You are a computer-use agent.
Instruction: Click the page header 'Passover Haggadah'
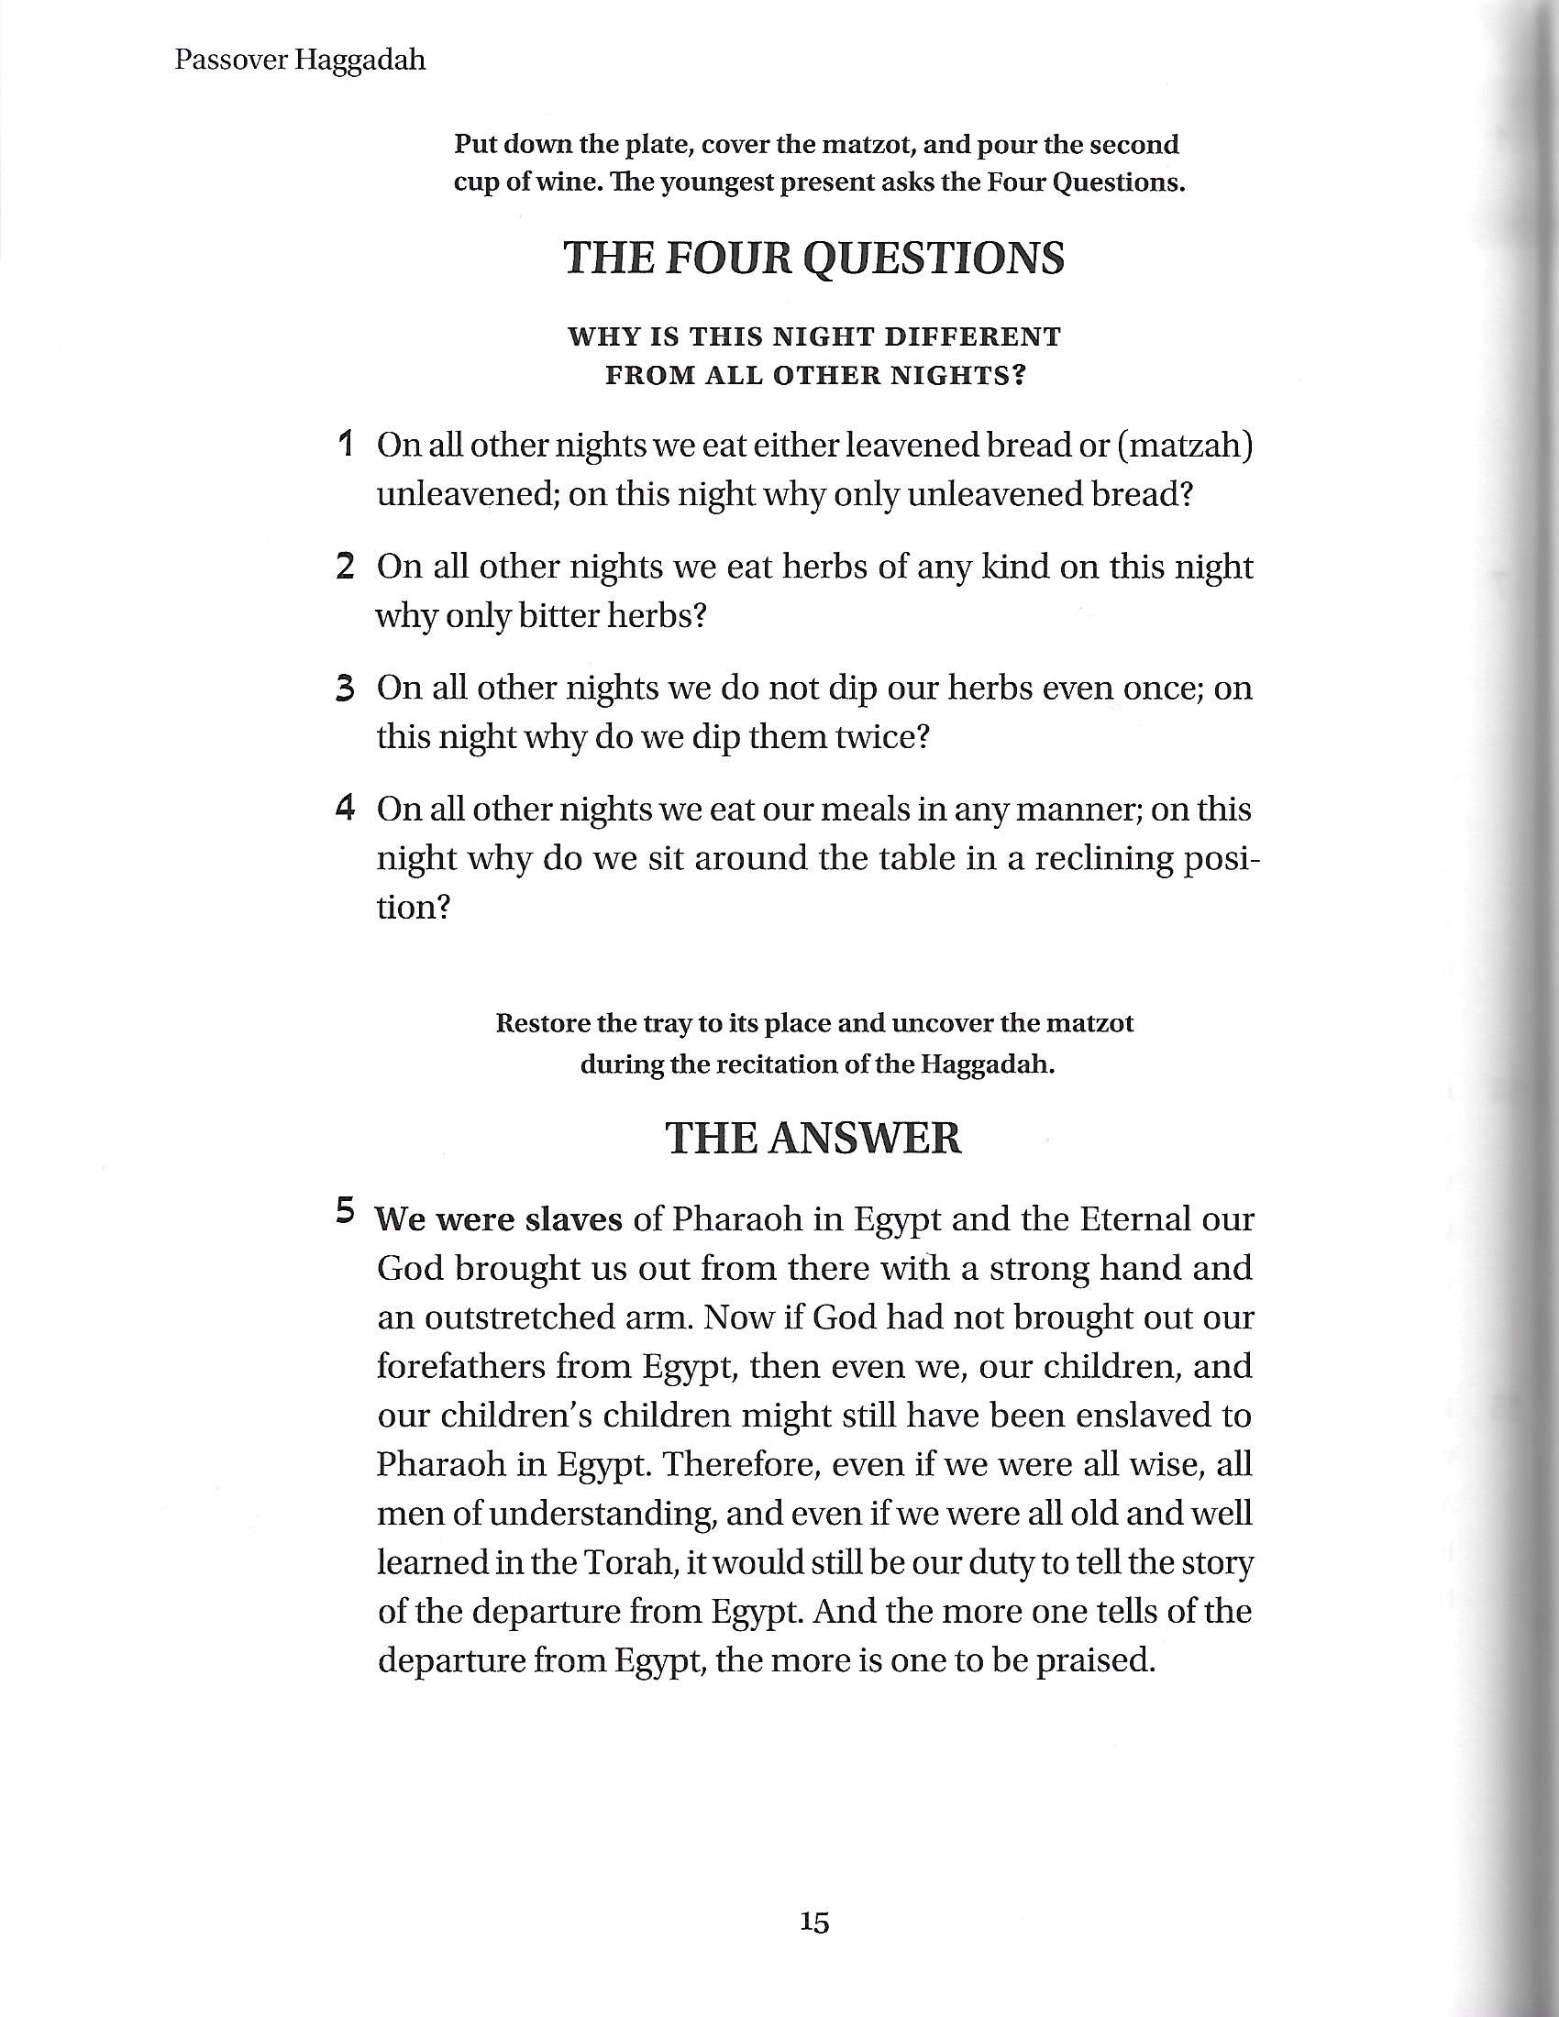point(299,61)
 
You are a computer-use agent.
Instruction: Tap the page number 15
point(814,1923)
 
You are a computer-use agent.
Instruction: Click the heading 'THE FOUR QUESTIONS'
point(813,258)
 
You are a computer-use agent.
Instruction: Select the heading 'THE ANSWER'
point(813,1138)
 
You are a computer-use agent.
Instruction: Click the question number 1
point(347,445)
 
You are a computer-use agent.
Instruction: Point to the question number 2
point(347,566)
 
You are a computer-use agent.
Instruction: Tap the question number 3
point(347,689)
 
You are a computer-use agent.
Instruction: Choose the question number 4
point(347,809)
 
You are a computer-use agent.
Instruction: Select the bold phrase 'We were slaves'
point(499,1220)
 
